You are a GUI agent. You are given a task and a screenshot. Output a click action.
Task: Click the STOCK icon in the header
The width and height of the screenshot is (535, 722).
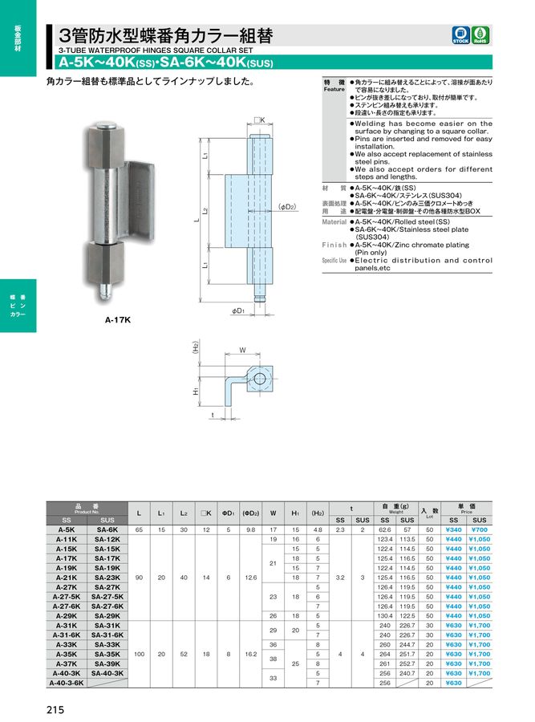(x=460, y=34)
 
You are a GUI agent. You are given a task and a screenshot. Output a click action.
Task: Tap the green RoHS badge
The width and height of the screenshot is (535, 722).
(x=481, y=34)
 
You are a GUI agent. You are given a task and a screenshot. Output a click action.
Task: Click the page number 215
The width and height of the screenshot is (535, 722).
(x=55, y=709)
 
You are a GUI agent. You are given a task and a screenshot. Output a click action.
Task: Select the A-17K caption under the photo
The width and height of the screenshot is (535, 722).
(x=117, y=320)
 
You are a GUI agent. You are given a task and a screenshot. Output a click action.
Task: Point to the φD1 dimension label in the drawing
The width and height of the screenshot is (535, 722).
(x=238, y=310)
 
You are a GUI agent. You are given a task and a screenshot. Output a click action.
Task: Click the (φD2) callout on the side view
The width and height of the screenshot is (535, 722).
(x=287, y=206)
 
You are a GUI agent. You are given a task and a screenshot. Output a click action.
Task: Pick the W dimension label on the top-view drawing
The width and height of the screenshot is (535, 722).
(x=241, y=349)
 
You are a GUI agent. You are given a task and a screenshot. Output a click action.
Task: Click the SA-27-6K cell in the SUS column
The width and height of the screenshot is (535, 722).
(x=107, y=606)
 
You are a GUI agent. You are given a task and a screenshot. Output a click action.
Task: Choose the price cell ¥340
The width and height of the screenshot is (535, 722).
(x=454, y=530)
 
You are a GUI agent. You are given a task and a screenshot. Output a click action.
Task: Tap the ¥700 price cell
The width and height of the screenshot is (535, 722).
(x=480, y=530)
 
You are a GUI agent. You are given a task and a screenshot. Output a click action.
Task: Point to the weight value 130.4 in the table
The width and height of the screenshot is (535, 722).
(x=384, y=615)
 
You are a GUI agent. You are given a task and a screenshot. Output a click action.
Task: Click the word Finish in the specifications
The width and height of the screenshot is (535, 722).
(x=334, y=244)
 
